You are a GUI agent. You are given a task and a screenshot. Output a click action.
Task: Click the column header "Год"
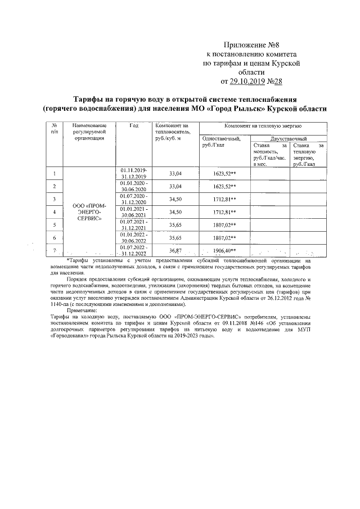tap(133, 125)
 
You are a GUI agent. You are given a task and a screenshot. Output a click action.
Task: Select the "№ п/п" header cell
tap(54, 128)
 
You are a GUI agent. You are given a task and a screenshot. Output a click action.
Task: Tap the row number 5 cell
tap(54, 225)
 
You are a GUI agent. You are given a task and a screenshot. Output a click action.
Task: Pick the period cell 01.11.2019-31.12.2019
tap(133, 173)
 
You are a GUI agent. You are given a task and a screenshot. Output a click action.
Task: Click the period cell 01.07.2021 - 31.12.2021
tap(133, 225)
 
